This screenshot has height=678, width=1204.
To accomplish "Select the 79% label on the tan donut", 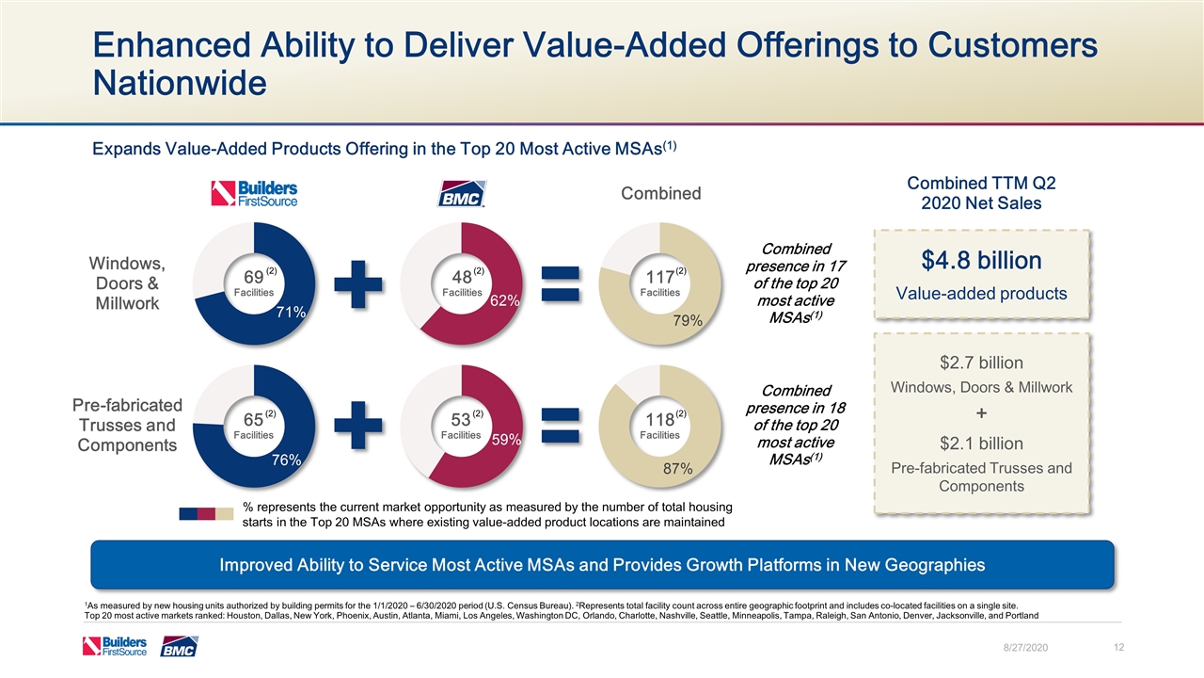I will click(689, 321).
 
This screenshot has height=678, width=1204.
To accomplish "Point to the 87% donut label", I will click(677, 469).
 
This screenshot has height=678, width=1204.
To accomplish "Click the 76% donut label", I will click(286, 460).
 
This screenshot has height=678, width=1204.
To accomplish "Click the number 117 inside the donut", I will click(658, 277).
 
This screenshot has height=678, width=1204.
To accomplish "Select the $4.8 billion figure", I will click(982, 260).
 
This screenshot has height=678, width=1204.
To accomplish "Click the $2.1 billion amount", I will click(982, 444).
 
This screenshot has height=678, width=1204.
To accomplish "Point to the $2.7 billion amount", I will click(982, 363).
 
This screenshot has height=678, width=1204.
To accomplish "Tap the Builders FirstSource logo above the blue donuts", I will click(254, 193).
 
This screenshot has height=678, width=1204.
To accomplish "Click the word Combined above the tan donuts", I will click(660, 193).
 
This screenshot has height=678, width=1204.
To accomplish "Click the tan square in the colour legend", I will click(225, 514).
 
